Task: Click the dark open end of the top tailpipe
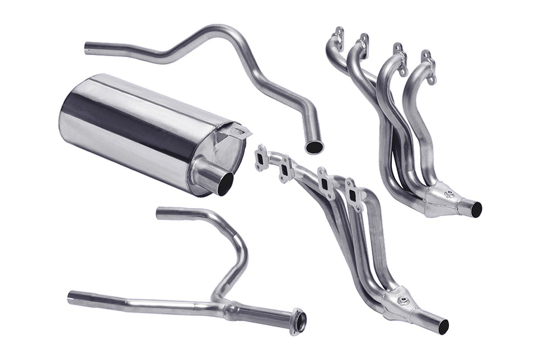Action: [x=314, y=146]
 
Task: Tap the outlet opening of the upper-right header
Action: [x=477, y=207]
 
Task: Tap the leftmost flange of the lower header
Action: [x=261, y=158]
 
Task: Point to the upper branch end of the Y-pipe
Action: [x=159, y=213]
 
